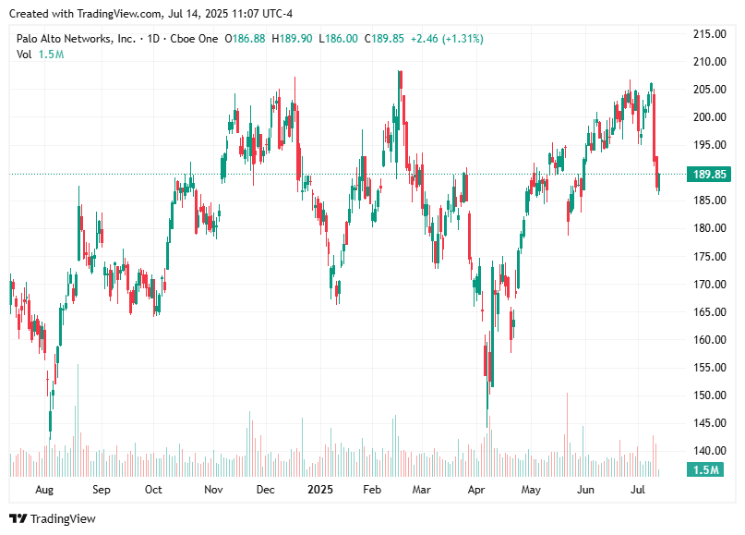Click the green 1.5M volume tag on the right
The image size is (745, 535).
pos(706,470)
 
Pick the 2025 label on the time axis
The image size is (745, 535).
pos(319,490)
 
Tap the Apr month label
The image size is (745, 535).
pos(476,490)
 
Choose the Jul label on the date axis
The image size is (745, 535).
pos(638,490)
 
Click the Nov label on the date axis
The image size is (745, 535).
pos(213,490)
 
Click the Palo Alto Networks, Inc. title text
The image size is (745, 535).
pos(76,39)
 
